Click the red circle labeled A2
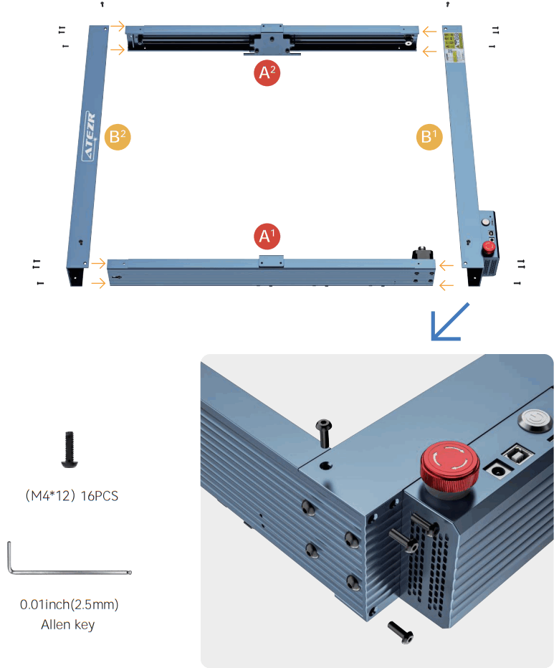267,73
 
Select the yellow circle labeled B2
118,136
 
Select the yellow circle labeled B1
429,136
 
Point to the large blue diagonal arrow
449,321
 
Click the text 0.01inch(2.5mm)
69,604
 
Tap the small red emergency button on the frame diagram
489,248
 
